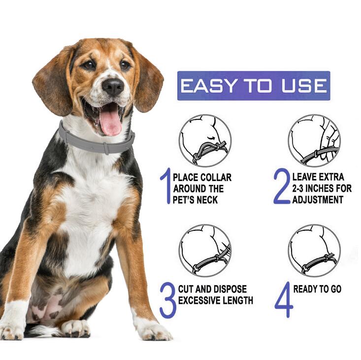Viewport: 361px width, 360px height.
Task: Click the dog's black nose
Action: point(113,87)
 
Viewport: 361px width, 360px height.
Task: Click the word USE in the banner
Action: point(303,86)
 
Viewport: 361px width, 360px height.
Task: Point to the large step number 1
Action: point(165,186)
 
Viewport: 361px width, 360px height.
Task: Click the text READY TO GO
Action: point(317,289)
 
